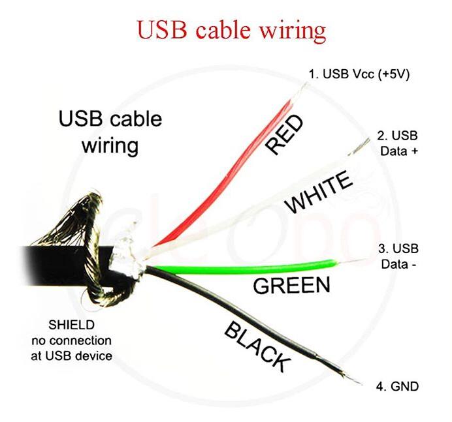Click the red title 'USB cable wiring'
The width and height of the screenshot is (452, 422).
click(x=230, y=30)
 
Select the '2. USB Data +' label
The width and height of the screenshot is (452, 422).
click(x=397, y=143)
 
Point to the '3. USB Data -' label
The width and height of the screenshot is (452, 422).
click(x=398, y=256)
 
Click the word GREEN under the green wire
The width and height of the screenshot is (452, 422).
click(x=291, y=285)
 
